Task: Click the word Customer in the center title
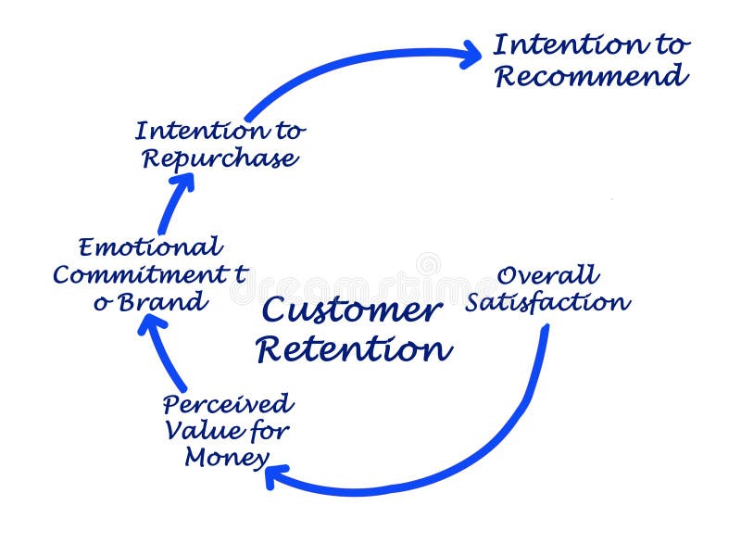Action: tap(350, 311)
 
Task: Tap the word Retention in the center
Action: tap(354, 349)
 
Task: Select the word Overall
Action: tap(547, 275)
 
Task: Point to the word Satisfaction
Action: tap(547, 302)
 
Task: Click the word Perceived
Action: tap(228, 404)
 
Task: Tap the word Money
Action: tap(227, 457)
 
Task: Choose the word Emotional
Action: tap(150, 247)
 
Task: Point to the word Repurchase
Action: tap(220, 158)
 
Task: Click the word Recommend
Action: tap(591, 76)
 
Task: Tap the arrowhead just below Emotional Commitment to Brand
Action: tap(153, 324)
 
